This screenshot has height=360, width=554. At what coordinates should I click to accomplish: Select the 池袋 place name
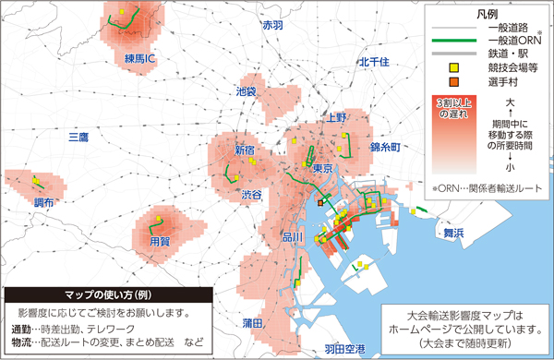click(246, 91)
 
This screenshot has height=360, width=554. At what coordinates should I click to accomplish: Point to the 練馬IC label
click(140, 59)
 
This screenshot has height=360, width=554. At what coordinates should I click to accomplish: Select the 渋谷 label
click(251, 195)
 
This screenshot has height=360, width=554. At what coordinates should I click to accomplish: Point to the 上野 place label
click(336, 118)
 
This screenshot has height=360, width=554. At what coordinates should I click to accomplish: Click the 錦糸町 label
click(382, 148)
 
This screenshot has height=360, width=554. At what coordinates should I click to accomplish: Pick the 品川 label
click(292, 237)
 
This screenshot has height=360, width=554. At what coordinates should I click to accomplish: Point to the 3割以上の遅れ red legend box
click(452, 110)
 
